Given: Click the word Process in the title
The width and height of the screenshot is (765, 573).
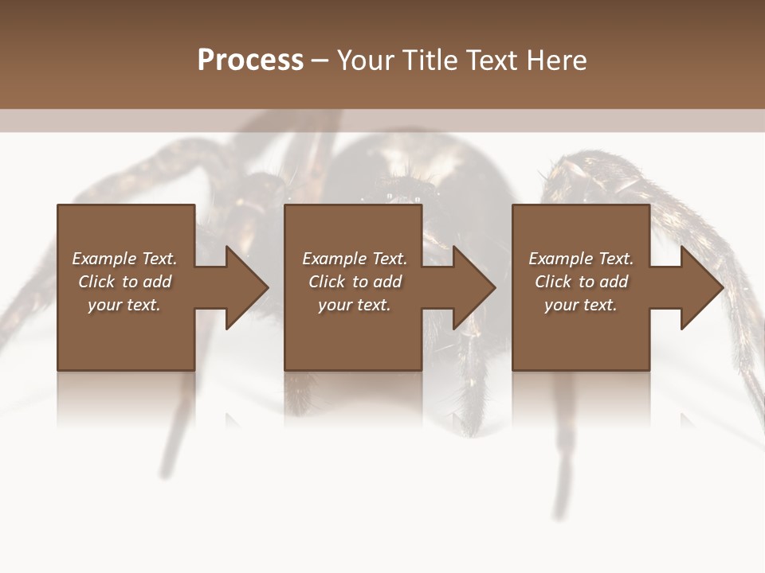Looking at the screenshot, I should coord(250,60).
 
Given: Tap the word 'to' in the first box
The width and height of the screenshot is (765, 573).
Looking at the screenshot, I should coord(131,282).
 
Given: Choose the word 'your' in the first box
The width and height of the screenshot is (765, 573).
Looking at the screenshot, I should coord(104,305).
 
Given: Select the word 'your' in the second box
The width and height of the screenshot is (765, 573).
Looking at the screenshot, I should coord(335,305).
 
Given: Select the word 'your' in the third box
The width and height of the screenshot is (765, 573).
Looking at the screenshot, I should coord(561,305).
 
